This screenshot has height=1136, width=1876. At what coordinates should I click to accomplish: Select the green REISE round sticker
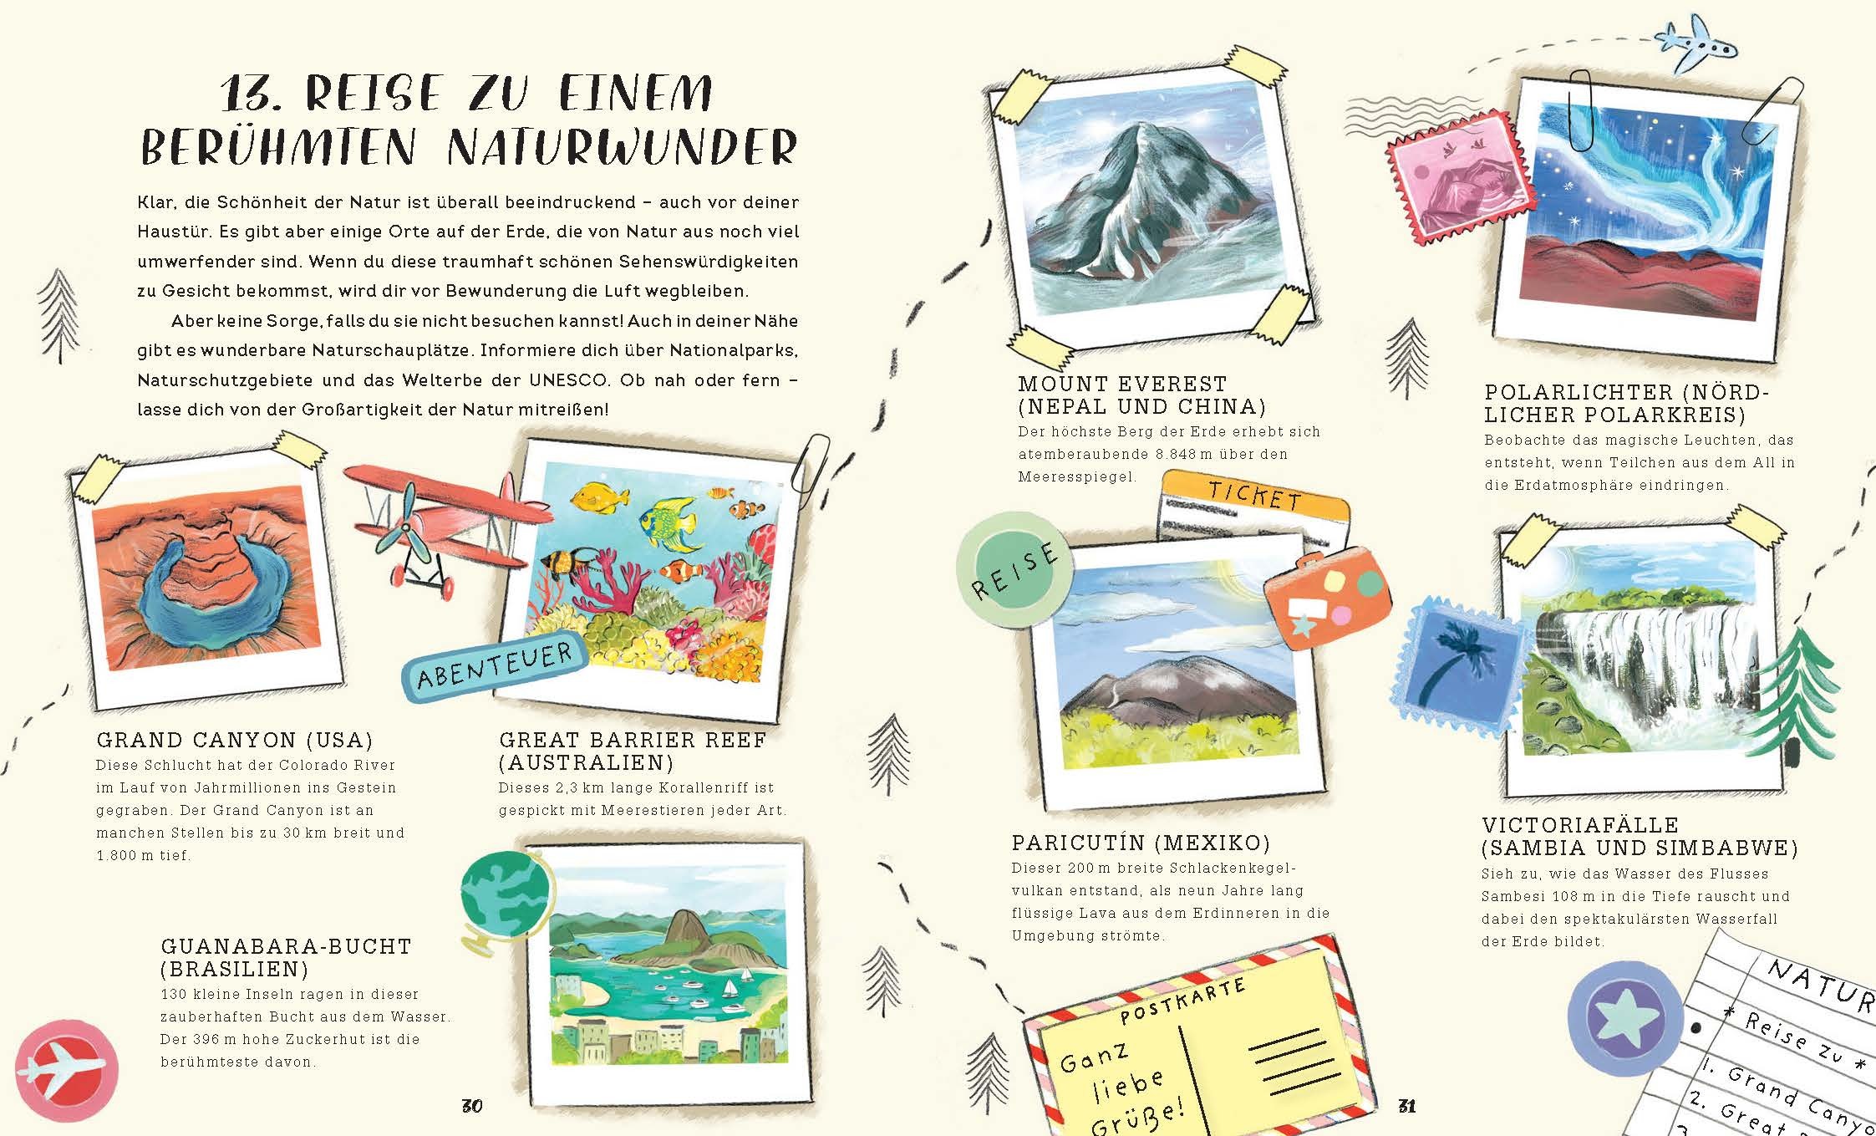coord(1014,569)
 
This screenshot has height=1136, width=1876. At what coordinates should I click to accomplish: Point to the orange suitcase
coord(1327,598)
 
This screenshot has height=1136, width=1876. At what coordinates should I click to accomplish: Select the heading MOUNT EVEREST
coord(1122,384)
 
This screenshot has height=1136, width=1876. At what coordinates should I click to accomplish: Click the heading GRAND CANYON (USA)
coord(235,740)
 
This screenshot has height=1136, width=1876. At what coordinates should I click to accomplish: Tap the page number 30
coord(472,1106)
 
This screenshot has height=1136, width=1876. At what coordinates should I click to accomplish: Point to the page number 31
coord(1407,1106)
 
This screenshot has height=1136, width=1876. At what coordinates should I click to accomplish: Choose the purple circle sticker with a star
coord(1624,1020)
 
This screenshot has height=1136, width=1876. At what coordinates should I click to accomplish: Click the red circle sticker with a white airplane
coord(66,1070)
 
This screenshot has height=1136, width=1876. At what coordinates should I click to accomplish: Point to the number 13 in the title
coord(252,93)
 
